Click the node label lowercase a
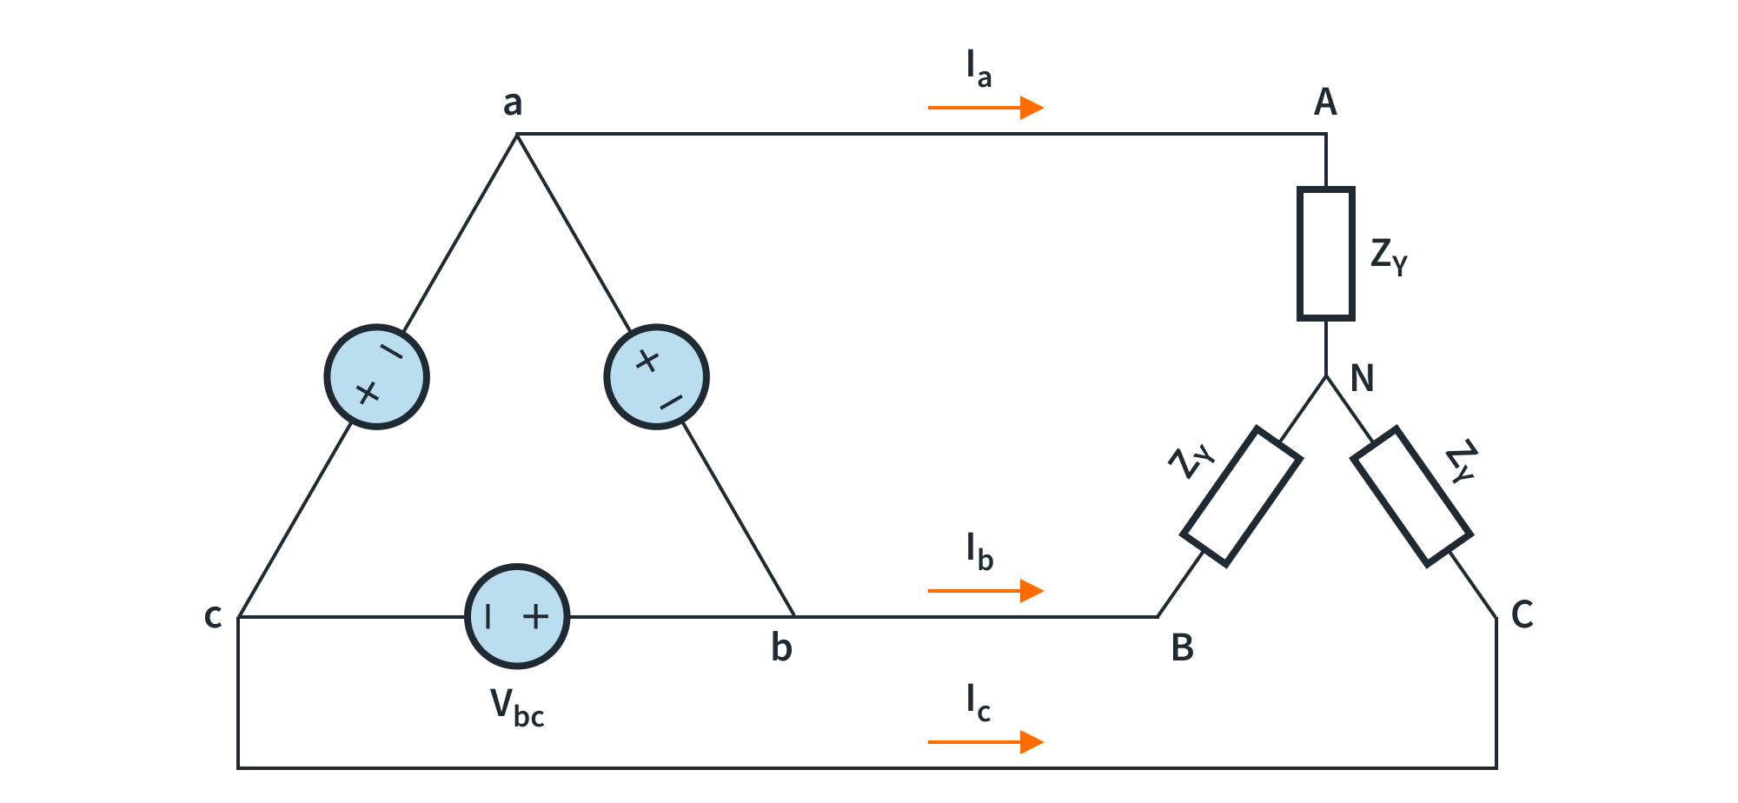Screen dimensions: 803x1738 point(513,103)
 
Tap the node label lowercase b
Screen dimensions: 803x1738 point(781,647)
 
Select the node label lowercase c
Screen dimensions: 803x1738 point(213,615)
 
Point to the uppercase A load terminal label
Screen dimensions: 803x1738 point(1324,103)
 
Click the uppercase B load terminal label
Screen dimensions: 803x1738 point(1182,647)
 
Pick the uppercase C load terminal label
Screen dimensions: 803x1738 point(1522,614)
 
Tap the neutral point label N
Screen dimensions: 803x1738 point(1362,379)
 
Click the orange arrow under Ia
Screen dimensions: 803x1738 point(985,108)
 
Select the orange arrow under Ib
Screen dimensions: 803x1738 point(985,591)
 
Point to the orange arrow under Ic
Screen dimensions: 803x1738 point(985,742)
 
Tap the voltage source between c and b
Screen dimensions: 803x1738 point(517,616)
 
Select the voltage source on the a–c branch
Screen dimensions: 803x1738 point(376,377)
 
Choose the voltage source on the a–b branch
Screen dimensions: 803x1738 point(656,377)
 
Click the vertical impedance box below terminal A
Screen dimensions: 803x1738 point(1325,254)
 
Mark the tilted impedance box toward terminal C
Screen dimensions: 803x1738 point(1411,496)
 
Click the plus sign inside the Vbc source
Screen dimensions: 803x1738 point(536,616)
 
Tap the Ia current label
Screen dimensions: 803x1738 point(978,69)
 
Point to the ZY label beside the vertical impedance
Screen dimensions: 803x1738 point(1388,255)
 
